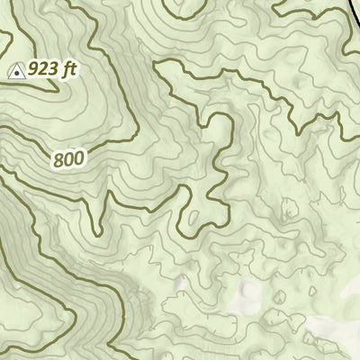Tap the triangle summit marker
16,69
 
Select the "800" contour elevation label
68,159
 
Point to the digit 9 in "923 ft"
34,68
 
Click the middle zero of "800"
68,159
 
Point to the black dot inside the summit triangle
16,70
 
